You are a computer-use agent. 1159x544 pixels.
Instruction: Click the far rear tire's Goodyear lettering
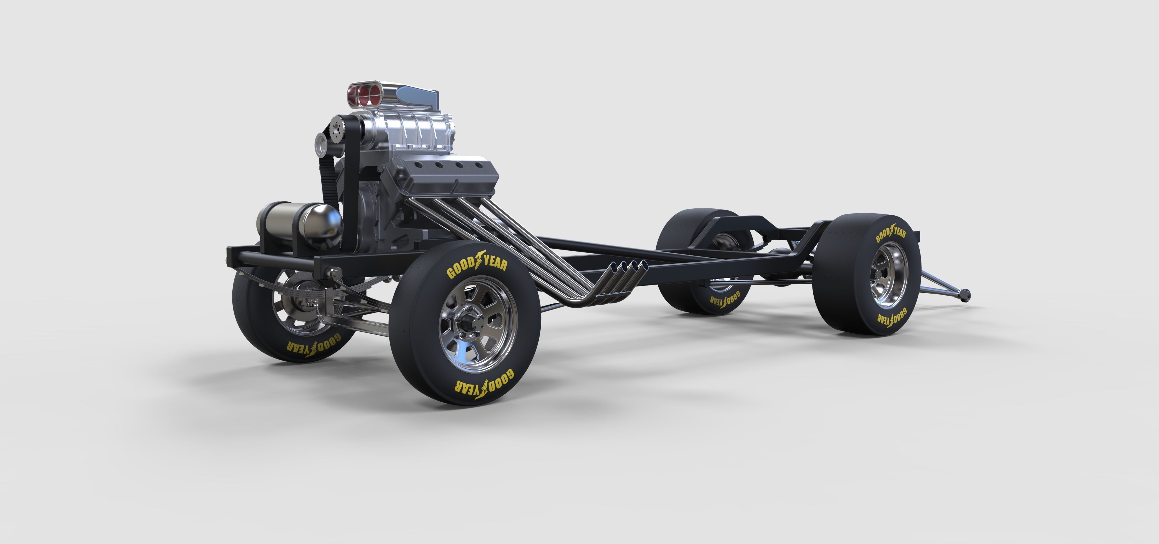pos(725,300)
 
